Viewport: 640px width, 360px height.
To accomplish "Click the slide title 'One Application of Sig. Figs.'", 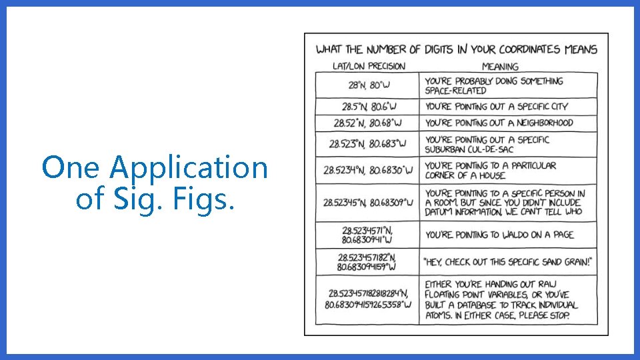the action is point(155,183).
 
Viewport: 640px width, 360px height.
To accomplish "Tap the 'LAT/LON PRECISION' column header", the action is point(369,66).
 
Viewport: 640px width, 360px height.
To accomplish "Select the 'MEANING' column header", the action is point(500,66).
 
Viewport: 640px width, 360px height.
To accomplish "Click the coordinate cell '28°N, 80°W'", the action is point(369,85).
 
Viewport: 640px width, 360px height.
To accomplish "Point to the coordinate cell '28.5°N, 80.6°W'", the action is point(369,107).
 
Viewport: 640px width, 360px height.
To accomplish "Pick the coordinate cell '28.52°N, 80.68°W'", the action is point(369,123).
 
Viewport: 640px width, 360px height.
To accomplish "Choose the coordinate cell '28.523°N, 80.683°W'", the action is point(368,143).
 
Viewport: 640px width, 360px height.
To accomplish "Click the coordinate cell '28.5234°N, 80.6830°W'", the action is point(368,170).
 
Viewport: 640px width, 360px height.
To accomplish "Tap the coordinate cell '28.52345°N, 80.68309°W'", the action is point(368,202).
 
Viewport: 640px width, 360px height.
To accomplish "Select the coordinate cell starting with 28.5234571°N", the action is point(368,234).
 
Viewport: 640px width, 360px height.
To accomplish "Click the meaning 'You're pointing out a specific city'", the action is point(497,107).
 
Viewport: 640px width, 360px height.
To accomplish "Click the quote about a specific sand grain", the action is point(507,261).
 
